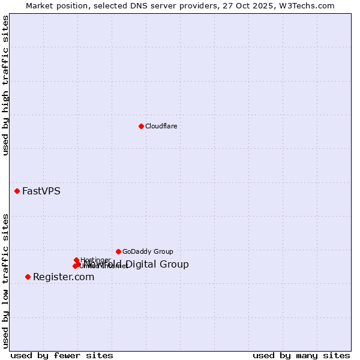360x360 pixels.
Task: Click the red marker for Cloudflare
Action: (141, 126)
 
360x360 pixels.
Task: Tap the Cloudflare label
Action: (161, 126)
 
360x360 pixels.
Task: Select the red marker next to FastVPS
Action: (17, 191)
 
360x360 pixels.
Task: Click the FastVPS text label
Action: (41, 191)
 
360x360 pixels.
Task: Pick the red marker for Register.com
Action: (28, 277)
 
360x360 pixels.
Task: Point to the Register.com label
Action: (64, 277)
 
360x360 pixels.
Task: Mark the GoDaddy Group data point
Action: (118, 251)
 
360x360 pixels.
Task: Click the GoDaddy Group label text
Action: (148, 251)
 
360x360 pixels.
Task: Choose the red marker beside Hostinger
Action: (76, 260)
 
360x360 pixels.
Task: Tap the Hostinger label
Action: (95, 260)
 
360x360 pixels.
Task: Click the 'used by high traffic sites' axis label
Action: (6, 85)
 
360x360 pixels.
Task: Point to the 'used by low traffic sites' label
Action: (6, 281)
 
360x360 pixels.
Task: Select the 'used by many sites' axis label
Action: (301, 356)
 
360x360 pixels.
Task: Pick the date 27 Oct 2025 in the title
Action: (254, 5)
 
